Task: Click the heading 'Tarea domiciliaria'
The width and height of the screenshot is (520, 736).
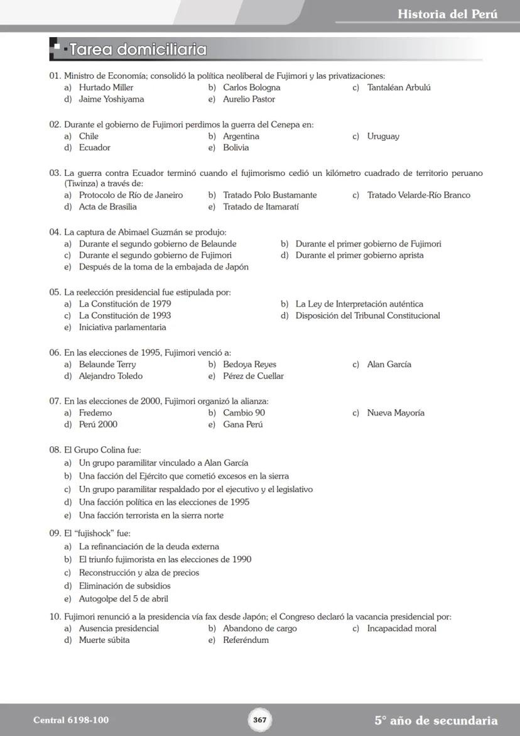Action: coord(138,49)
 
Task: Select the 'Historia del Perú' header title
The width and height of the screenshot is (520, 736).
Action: coord(447,14)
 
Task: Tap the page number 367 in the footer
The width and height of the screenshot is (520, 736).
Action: coord(260,720)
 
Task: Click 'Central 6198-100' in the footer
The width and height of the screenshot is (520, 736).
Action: coord(66,720)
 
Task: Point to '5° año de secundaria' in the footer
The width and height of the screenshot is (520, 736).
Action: coord(436,720)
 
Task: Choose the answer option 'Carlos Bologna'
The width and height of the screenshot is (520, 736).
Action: coord(251,87)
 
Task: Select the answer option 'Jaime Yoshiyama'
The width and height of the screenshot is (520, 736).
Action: coord(111,99)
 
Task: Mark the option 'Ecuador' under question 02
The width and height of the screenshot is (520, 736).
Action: coord(94,148)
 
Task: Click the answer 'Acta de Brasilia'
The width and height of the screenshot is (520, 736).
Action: coord(107,207)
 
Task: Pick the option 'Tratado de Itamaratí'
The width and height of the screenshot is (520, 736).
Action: coord(261,207)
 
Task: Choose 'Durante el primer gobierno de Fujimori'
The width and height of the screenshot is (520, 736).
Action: coord(368,244)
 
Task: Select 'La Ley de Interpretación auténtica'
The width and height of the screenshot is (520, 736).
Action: coord(359,304)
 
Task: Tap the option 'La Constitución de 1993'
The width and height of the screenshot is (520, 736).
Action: coord(124,316)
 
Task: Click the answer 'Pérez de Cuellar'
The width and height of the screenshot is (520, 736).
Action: coord(253,376)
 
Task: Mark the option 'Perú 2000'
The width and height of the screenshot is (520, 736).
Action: coord(98,425)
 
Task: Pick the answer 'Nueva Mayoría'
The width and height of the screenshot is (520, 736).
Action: coord(396,413)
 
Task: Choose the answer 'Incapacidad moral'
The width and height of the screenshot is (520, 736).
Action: coord(401,629)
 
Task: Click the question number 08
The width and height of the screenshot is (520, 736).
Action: coord(55,450)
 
